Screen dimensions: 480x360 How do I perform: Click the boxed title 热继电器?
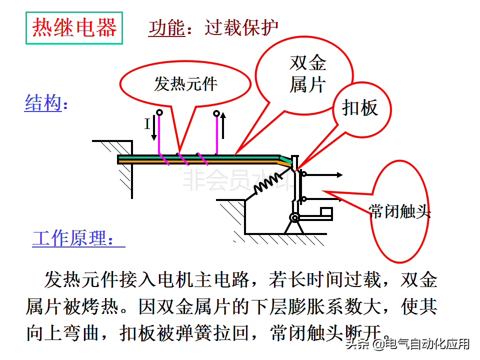tap(74, 28)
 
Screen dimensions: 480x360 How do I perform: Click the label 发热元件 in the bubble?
tap(185, 83)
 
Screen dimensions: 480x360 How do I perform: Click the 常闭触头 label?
tap(399, 211)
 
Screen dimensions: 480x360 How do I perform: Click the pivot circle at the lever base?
tap(294, 217)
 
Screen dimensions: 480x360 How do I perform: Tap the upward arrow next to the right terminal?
tap(223, 125)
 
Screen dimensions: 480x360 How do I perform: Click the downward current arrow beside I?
tap(154, 129)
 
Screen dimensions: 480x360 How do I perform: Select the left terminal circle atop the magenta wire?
tap(159, 112)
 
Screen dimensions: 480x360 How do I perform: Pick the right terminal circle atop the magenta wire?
tap(216, 113)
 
